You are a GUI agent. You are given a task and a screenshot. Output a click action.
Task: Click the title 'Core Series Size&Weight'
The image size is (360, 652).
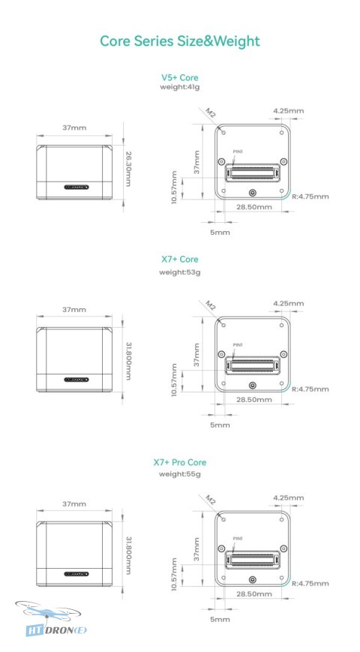pyautogui.click(x=180, y=41)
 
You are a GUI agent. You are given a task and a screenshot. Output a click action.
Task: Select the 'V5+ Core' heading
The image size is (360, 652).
pyautogui.click(x=179, y=77)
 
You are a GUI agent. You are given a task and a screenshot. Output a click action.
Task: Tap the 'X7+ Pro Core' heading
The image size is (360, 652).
pyautogui.click(x=179, y=462)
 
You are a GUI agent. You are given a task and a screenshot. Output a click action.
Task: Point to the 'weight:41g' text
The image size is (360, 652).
pyautogui.click(x=179, y=87)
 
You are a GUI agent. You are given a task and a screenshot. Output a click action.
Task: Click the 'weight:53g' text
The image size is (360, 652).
pyautogui.click(x=179, y=272)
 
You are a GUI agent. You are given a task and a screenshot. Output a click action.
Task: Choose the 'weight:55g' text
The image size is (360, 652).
pyautogui.click(x=179, y=474)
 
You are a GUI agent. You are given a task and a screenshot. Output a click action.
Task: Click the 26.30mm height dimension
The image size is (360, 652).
pyautogui.click(x=128, y=168)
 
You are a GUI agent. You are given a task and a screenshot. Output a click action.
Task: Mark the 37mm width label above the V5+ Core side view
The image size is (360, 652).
pyautogui.click(x=74, y=128)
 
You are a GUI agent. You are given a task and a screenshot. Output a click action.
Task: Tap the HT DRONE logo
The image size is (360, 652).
pyautogui.click(x=52, y=619)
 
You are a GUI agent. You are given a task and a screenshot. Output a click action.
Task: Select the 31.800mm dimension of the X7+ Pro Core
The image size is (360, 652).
pyautogui.click(x=128, y=555)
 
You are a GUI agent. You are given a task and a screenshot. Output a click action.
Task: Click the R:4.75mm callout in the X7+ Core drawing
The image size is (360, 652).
pyautogui.click(x=310, y=389)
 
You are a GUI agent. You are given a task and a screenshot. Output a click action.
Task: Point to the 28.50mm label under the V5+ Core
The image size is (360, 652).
pyautogui.click(x=254, y=207)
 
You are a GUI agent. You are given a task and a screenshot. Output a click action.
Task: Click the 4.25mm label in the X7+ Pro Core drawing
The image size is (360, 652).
pyautogui.click(x=289, y=497)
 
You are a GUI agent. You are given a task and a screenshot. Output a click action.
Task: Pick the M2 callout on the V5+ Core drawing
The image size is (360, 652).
pyautogui.click(x=210, y=113)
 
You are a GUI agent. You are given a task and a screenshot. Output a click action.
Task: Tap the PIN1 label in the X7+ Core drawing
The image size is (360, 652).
pyautogui.click(x=237, y=344)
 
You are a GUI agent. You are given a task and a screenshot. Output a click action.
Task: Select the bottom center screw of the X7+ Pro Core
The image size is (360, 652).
pyautogui.click(x=252, y=580)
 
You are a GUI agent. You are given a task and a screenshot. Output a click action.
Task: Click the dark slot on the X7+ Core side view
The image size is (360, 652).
pyautogui.click(x=76, y=380)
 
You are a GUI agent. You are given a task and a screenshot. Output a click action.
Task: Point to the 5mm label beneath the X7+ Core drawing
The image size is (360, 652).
pyautogui.click(x=220, y=425)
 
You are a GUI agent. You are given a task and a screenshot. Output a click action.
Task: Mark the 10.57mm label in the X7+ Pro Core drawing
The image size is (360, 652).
pyautogui.click(x=174, y=574)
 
